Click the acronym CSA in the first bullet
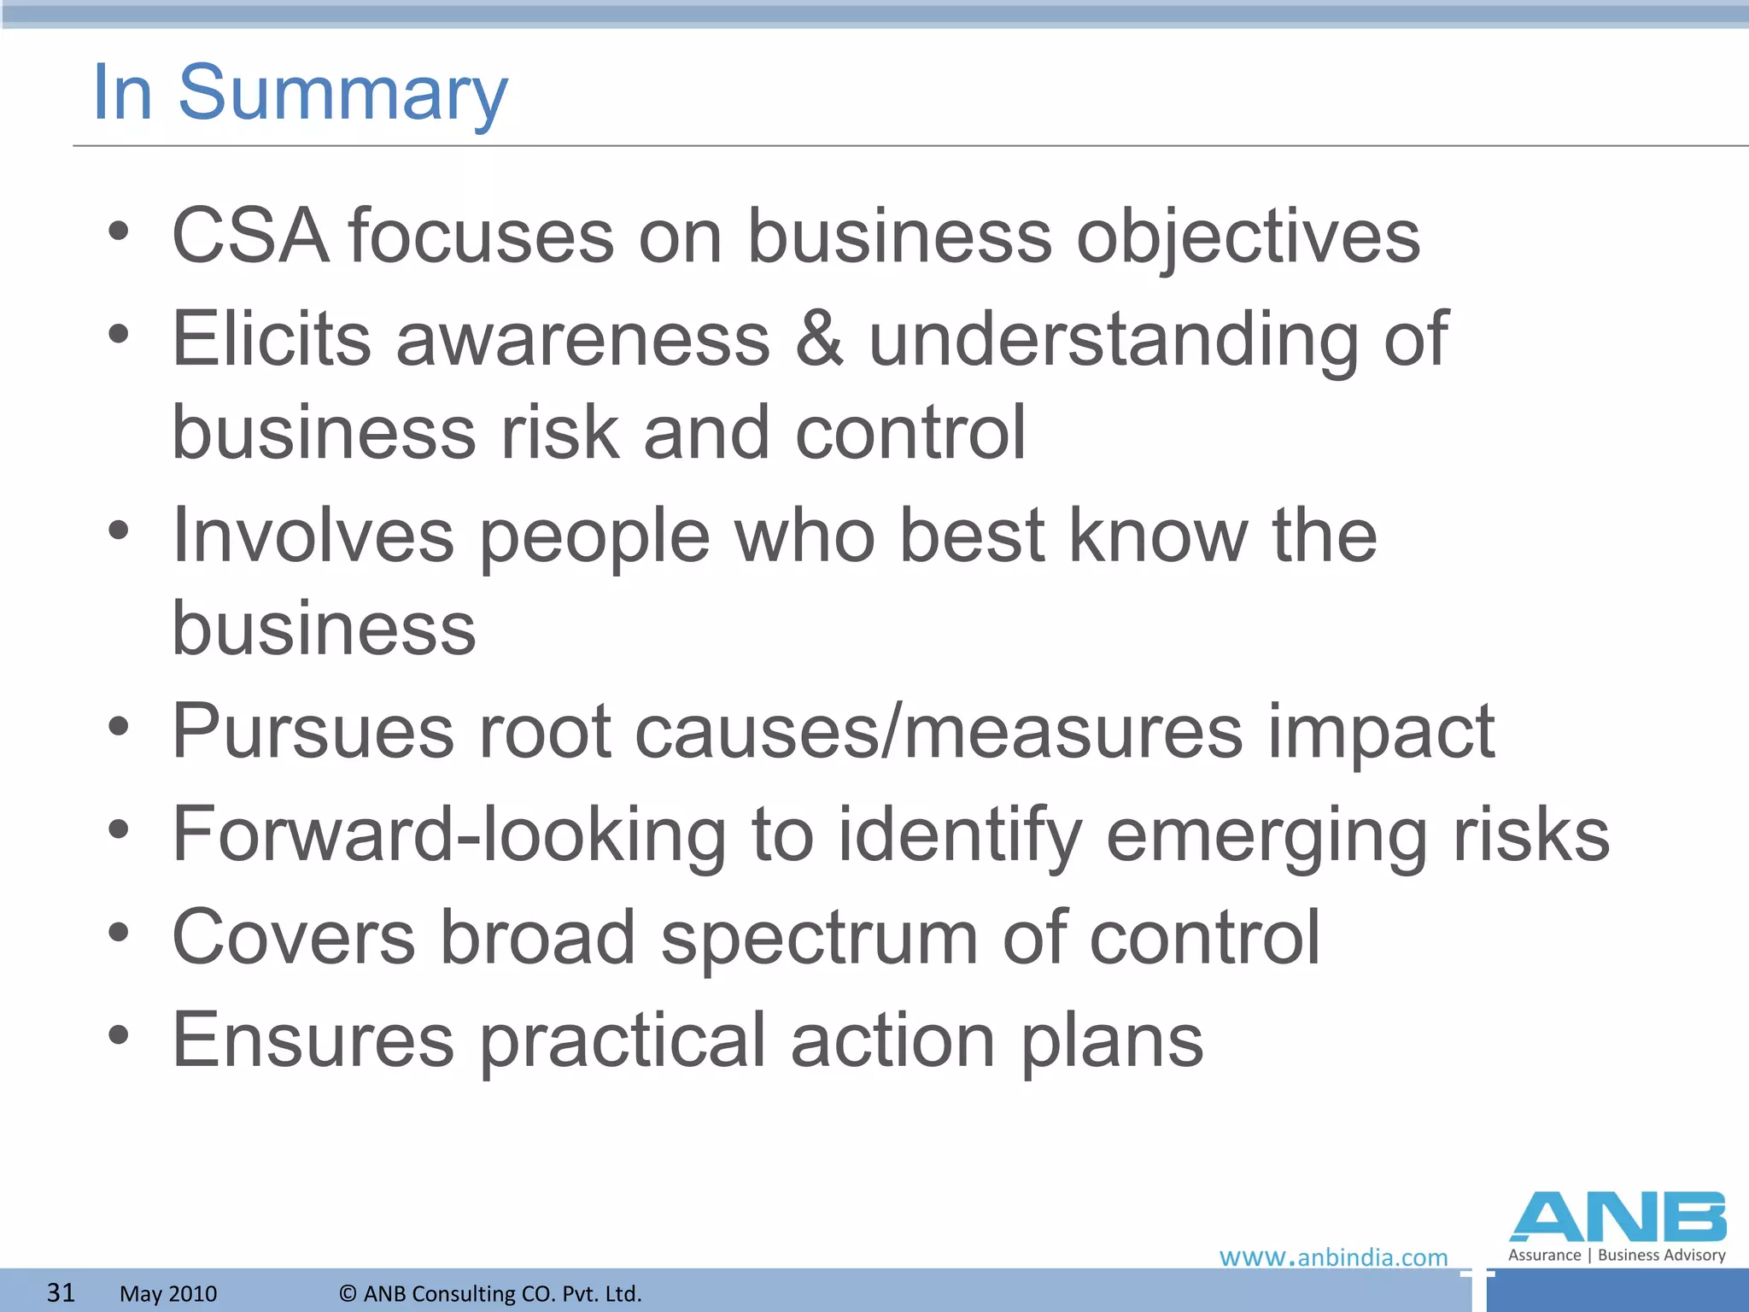[x=250, y=236]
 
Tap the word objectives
[x=1248, y=237]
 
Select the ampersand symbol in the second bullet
[x=819, y=339]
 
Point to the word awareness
[x=582, y=339]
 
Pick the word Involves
[x=313, y=536]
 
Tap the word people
[x=594, y=537]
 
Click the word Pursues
[x=313, y=731]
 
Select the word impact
[x=1380, y=733]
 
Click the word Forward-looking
[x=449, y=835]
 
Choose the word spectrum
[x=819, y=939]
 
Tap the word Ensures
[x=313, y=1040]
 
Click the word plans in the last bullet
[x=1112, y=1041]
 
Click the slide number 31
[x=61, y=1292]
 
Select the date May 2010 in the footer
[x=168, y=1293]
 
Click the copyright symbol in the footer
[x=348, y=1293]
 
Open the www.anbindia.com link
[x=1333, y=1257]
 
